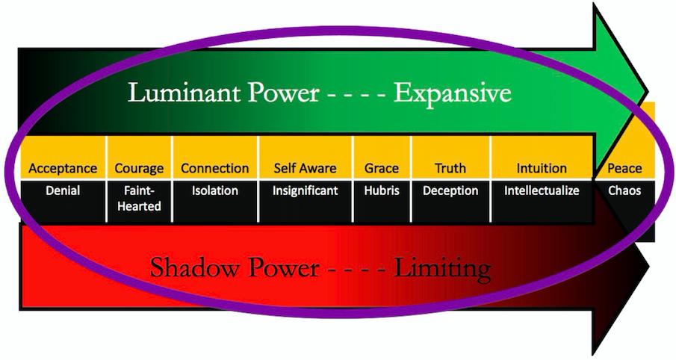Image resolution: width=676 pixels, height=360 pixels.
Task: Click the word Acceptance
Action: [x=63, y=168]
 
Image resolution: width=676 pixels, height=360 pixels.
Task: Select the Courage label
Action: [x=139, y=168]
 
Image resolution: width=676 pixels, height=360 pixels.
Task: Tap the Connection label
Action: [x=214, y=168]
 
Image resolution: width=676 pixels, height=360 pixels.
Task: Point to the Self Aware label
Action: [x=305, y=168]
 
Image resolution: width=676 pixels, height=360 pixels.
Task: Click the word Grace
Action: [x=382, y=168]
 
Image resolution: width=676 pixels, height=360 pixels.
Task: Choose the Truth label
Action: [x=450, y=168]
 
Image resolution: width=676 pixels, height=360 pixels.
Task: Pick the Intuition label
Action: [x=542, y=168]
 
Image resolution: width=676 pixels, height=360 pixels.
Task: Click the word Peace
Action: [x=624, y=168]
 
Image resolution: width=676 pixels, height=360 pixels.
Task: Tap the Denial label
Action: [x=63, y=190]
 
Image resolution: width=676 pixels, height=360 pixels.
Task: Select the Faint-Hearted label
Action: [x=139, y=198]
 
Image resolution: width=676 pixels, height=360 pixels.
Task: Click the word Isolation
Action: [x=214, y=190]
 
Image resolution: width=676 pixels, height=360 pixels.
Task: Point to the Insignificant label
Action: [x=305, y=190]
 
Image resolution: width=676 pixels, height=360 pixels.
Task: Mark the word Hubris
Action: [x=382, y=190]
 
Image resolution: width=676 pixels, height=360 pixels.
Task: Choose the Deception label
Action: [x=450, y=190]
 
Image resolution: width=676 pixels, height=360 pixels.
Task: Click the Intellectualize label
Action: [x=542, y=190]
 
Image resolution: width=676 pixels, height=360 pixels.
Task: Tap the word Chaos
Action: [x=624, y=190]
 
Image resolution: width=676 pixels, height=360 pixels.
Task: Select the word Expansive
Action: [x=452, y=93]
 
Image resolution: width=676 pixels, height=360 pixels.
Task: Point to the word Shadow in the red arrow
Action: [x=193, y=267]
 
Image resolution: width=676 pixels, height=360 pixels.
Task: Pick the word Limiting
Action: [x=447, y=267]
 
